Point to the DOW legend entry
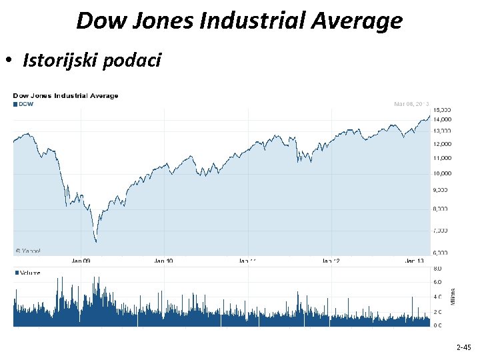[23, 103]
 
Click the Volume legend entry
[27, 273]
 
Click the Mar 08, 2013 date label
[411, 103]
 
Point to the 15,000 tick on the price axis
[442, 109]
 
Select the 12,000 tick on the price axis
[442, 144]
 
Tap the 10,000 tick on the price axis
[442, 173]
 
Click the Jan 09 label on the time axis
[81, 261]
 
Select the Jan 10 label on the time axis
[163, 261]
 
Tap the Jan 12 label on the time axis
[331, 261]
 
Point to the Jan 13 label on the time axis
[414, 261]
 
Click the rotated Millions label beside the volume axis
[453, 297]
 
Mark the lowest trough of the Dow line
[96, 241]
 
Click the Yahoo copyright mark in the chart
[27, 251]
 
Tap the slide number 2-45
[463, 347]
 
